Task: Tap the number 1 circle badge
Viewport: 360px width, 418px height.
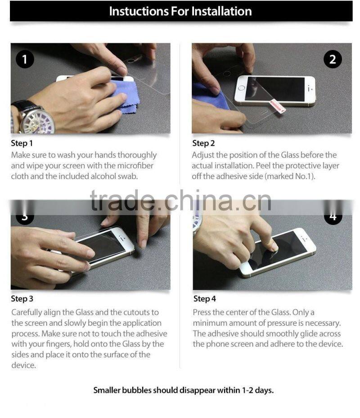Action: (25, 59)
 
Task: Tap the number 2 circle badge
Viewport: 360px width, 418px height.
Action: (333, 59)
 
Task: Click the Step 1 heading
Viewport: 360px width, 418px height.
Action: (22, 144)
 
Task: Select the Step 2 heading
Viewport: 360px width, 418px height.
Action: (203, 144)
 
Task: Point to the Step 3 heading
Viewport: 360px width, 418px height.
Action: (22, 299)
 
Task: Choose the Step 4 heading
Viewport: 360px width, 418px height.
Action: (204, 299)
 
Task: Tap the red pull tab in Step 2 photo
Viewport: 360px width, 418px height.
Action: (276, 107)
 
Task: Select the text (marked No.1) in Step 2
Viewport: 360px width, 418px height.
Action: (289, 176)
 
